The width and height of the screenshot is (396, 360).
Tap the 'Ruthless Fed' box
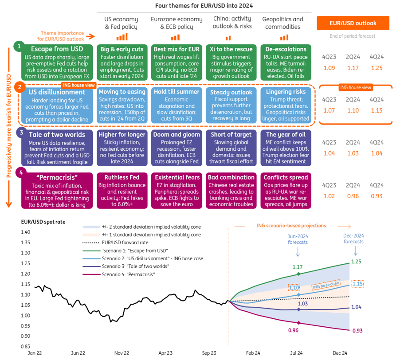[x=122, y=190]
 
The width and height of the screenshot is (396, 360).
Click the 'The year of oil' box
[x=284, y=146]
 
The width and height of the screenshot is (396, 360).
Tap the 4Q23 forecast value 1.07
[x=329, y=110]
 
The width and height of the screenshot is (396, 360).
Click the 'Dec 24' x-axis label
[x=341, y=353]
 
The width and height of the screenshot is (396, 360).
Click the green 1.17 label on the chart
[x=298, y=267]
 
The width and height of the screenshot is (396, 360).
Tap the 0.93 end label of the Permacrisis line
[x=357, y=331]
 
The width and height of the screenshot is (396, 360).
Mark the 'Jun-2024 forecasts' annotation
[x=298, y=239]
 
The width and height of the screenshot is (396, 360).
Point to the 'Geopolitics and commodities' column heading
[x=283, y=23]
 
